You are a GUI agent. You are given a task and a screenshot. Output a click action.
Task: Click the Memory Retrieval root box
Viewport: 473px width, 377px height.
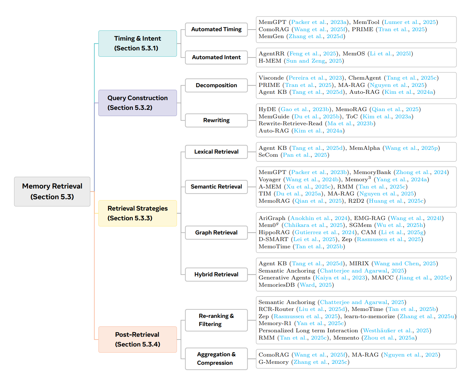[52, 191]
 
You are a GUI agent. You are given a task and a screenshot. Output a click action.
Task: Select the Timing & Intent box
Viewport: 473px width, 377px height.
[137, 43]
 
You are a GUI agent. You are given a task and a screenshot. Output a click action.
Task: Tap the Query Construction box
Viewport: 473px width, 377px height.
[137, 103]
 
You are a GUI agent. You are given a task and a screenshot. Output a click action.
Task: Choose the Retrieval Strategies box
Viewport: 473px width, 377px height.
[137, 213]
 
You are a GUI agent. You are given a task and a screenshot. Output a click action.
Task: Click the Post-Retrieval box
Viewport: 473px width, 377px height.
[137, 339]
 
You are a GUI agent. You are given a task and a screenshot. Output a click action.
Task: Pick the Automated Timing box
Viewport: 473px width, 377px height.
[216, 29]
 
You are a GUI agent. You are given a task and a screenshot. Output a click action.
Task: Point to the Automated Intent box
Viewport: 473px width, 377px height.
[216, 57]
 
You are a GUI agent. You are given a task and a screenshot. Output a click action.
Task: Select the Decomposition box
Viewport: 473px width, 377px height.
[216, 85]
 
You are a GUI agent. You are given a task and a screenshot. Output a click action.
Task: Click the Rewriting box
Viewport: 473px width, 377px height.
[216, 120]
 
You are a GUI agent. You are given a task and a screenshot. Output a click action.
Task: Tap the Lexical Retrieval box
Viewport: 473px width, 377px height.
[216, 152]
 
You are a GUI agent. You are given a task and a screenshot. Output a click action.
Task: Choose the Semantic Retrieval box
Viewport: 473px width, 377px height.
[216, 187]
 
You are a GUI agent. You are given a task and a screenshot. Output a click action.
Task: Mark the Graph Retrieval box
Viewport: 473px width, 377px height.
[216, 233]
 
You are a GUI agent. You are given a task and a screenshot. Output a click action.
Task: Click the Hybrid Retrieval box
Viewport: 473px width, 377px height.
[216, 274]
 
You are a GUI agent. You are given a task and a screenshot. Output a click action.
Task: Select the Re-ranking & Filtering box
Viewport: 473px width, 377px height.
[216, 320]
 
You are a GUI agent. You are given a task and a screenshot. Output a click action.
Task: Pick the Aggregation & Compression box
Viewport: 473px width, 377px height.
[216, 358]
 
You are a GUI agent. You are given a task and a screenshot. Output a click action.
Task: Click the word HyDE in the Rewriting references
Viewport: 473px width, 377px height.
[267, 109]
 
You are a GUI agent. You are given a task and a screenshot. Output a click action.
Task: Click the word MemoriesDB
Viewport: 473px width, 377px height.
[276, 285]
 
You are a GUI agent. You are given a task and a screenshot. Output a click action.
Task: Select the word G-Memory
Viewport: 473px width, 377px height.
[273, 362]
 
